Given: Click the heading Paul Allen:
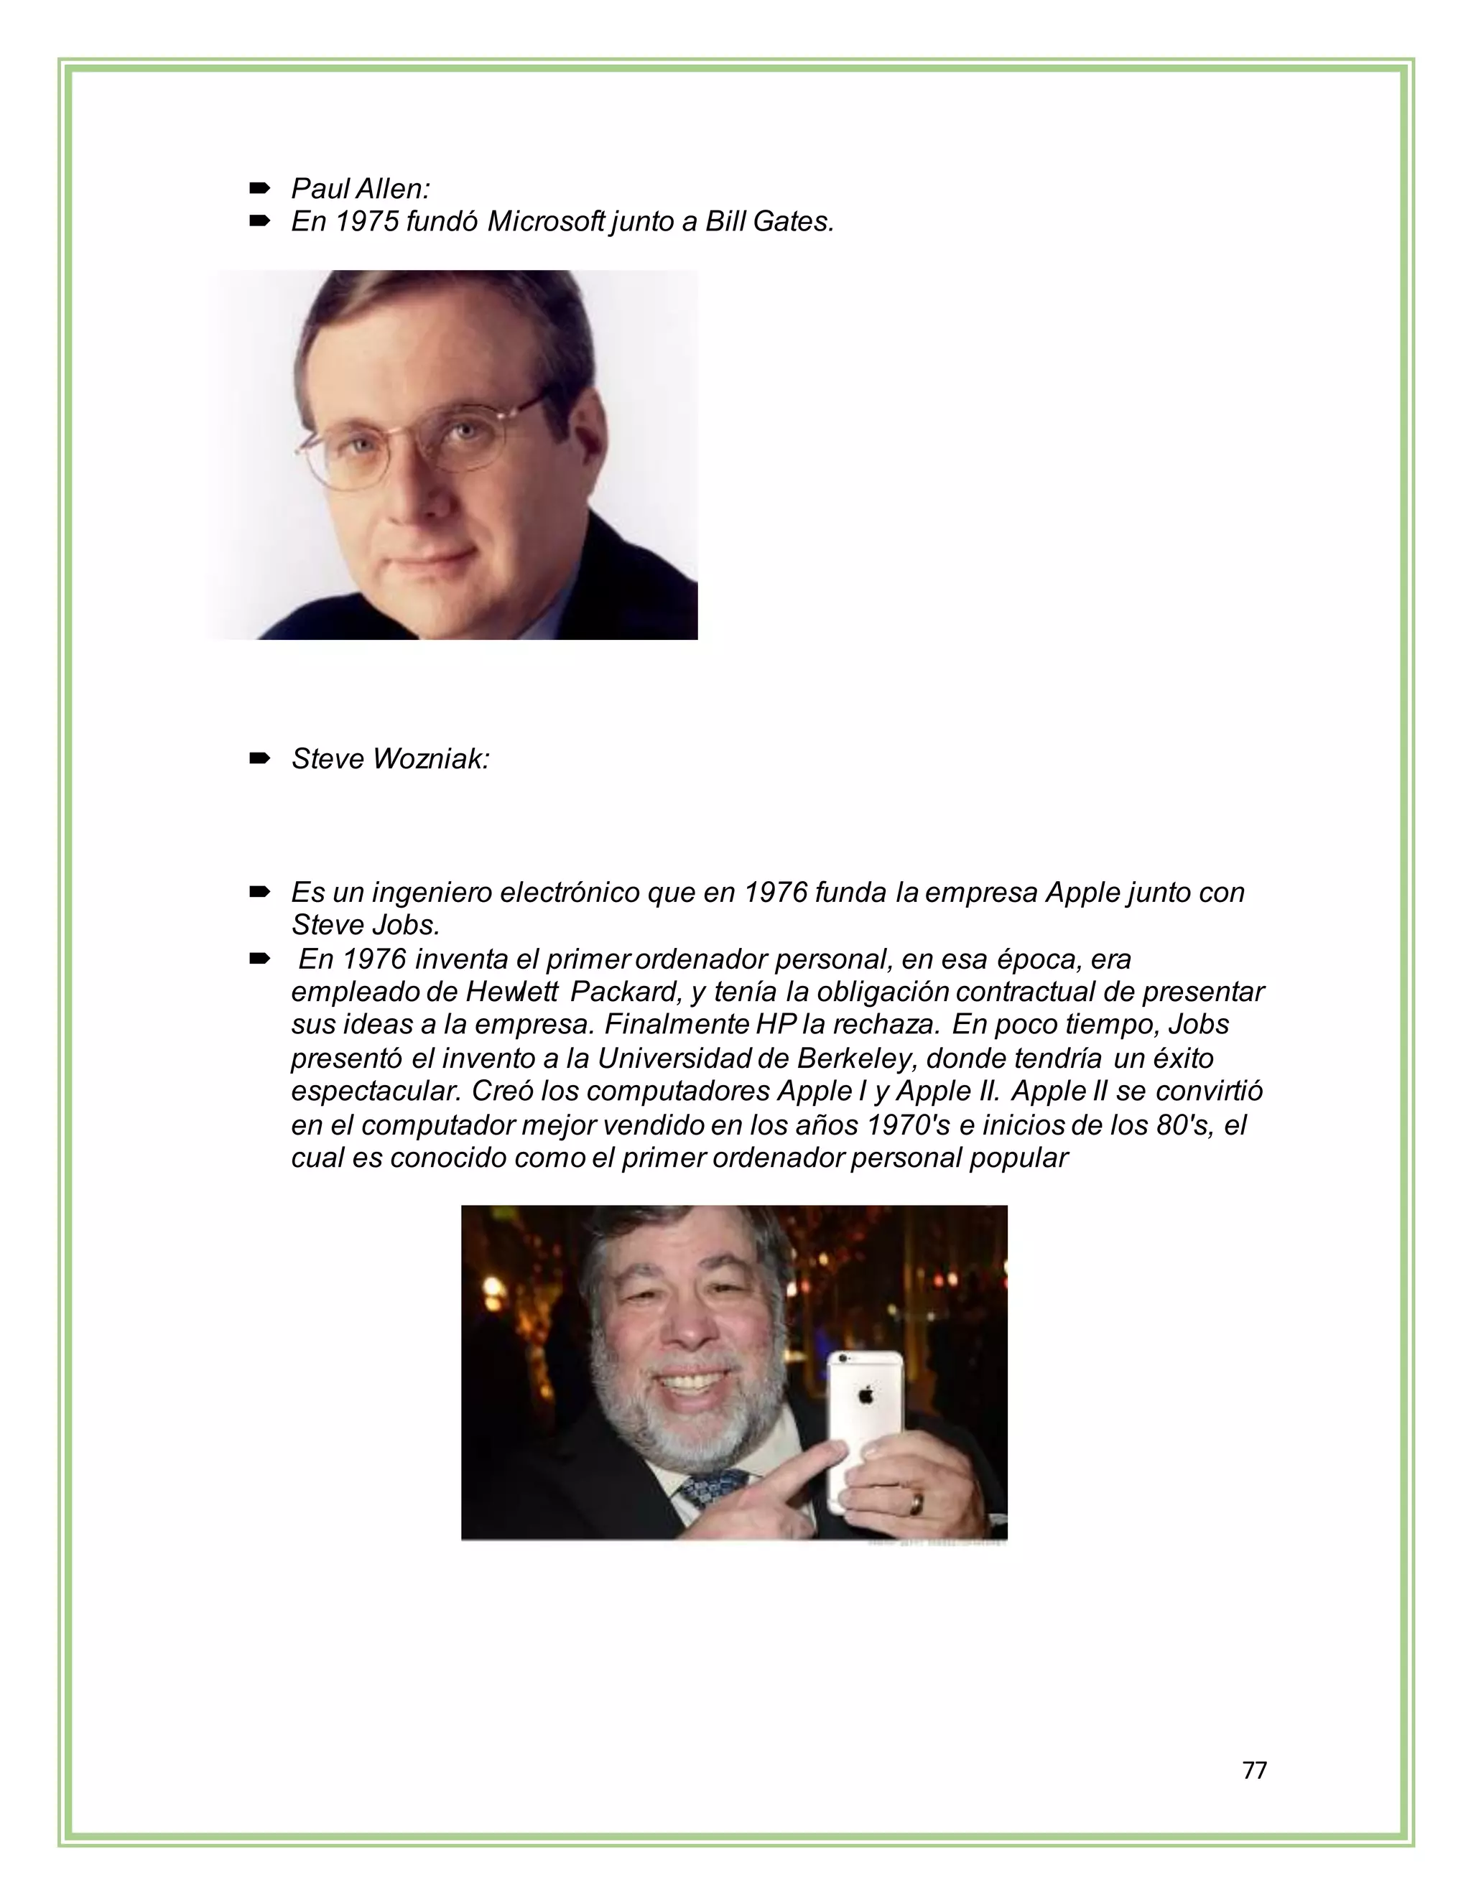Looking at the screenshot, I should (360, 188).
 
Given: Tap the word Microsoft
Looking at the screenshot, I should (546, 221).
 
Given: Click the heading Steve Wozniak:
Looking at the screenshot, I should (391, 759).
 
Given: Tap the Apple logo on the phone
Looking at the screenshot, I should (866, 1395).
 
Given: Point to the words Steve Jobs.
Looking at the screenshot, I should (364, 923).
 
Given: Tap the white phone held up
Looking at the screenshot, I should (862, 1420).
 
